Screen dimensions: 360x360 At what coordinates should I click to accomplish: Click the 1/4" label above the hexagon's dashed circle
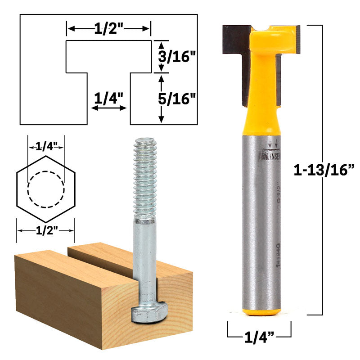[45, 146]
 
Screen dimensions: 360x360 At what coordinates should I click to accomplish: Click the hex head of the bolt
[150, 312]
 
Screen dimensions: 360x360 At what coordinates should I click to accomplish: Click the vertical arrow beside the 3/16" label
[162, 56]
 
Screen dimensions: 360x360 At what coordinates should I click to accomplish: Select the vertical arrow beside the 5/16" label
[162, 99]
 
